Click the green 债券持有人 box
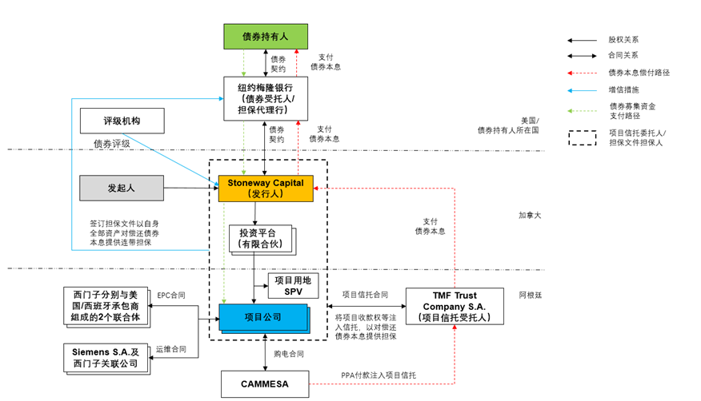265,36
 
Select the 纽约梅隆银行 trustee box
265,98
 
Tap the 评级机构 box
122,121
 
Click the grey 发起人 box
122,188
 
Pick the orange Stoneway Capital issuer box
265,189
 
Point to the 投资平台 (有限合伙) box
260,237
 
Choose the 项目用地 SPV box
294,285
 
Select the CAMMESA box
265,383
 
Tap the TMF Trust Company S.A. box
455,307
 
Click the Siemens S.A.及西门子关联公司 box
106,357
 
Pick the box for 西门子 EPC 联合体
106,307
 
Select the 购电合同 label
289,354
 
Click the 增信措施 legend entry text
624,89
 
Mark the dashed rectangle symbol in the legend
581,137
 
